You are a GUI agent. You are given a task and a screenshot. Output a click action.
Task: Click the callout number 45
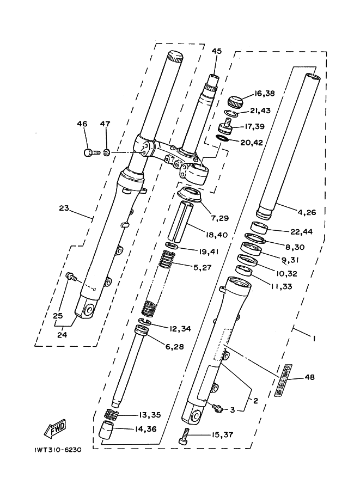(217, 51)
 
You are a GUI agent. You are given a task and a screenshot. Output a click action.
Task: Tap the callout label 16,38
(264, 93)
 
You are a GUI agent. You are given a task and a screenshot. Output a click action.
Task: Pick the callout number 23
(64, 208)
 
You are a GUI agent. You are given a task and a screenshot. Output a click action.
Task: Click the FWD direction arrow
(56, 432)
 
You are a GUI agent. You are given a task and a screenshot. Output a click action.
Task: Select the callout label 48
(310, 377)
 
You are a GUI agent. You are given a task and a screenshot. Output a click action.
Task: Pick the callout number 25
(58, 315)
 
